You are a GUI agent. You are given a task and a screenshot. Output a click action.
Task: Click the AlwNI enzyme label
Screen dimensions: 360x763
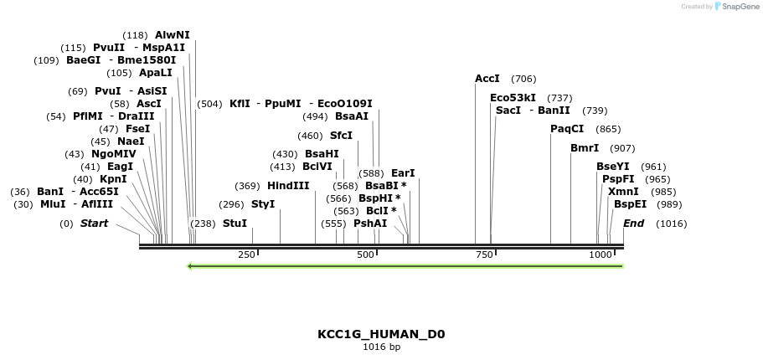pos(172,35)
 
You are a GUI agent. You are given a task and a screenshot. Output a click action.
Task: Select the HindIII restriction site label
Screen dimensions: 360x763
pos(287,186)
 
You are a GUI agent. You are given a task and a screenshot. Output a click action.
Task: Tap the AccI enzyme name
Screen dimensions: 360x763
pos(487,79)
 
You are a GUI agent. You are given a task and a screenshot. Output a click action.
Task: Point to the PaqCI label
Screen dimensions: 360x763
pos(567,129)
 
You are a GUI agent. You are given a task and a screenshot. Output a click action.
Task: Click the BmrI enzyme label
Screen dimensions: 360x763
pos(585,148)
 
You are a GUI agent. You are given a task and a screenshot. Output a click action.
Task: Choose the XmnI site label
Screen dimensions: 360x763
pos(623,192)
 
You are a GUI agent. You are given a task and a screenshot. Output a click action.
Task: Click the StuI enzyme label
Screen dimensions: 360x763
pos(235,224)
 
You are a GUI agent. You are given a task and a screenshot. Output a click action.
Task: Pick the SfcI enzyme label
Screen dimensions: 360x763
pos(341,136)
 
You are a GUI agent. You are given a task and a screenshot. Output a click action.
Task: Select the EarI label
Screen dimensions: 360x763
pos(403,173)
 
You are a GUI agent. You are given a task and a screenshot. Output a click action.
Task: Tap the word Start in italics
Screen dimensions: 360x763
pos(94,224)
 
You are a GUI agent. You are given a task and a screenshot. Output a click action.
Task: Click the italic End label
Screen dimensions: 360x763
pos(633,224)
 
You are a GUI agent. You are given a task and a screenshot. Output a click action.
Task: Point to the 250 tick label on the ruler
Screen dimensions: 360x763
pos(246,255)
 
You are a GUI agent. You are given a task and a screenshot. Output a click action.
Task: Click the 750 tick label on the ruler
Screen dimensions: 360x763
pos(484,255)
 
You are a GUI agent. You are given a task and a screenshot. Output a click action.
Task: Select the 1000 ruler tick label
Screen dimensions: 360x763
pos(600,255)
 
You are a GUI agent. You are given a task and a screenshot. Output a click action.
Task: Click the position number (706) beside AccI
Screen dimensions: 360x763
pos(523,79)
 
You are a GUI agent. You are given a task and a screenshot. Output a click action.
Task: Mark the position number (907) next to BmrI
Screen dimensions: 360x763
pos(622,148)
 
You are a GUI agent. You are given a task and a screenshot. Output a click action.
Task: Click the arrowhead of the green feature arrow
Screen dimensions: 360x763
pos(191,266)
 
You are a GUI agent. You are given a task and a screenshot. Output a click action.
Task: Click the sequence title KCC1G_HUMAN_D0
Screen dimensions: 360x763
pos(381,334)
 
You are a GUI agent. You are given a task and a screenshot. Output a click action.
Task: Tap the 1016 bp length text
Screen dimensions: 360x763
pos(381,347)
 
